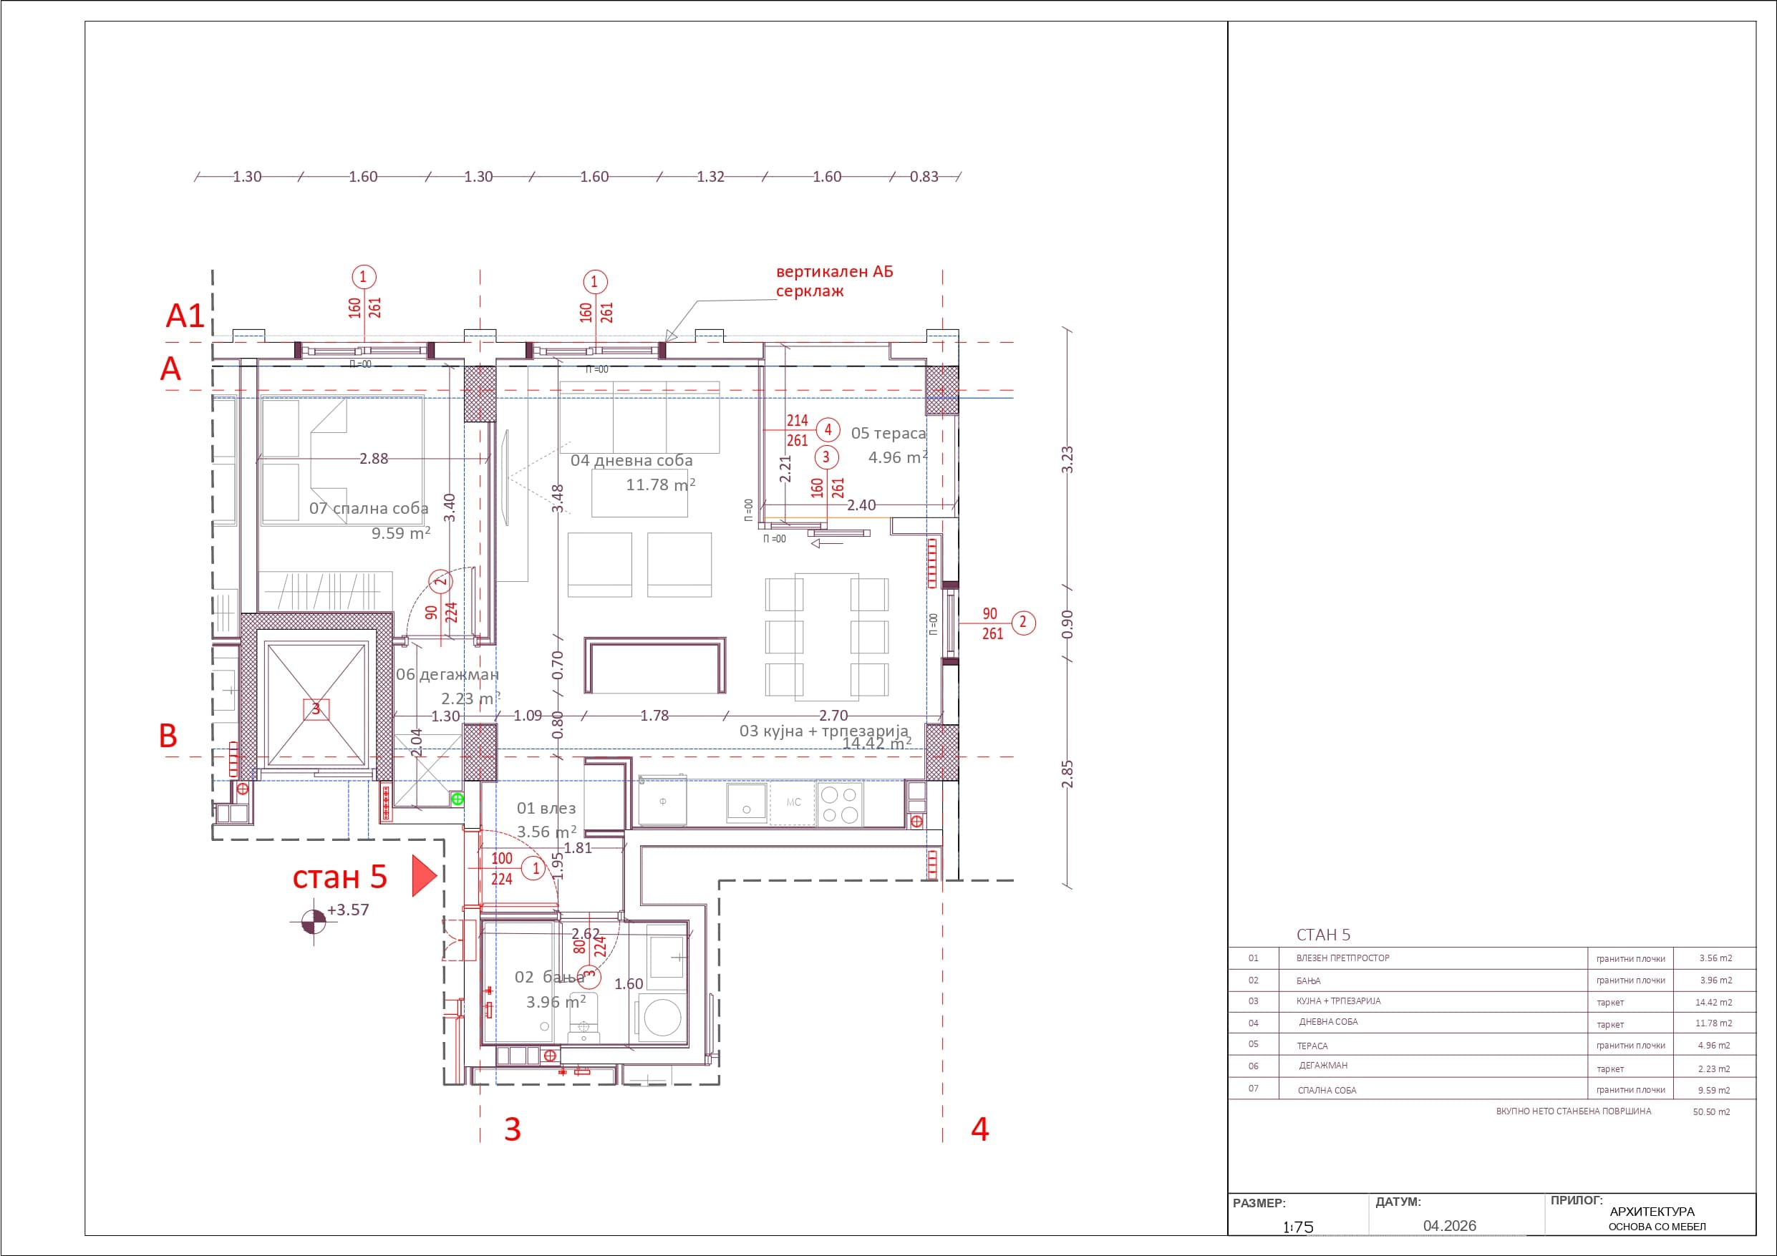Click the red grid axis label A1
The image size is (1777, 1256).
point(185,316)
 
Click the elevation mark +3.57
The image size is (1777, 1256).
point(347,910)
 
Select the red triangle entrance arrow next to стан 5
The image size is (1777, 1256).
point(422,875)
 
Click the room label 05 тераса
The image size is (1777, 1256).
point(888,434)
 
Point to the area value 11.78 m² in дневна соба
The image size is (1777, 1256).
point(659,485)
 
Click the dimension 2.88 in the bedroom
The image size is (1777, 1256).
point(373,459)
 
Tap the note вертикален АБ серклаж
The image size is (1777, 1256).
point(833,282)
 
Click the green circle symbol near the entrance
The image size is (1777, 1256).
point(457,799)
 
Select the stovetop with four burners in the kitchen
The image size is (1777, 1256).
point(840,804)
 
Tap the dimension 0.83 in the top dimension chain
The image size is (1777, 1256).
point(924,177)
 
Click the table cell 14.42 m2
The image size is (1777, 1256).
point(1713,1002)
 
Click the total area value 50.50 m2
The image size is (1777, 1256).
point(1711,1111)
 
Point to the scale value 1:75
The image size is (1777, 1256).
point(1298,1227)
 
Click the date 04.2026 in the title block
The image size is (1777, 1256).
point(1450,1226)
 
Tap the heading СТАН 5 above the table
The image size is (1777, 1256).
point(1324,935)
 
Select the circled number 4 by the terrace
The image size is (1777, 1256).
point(828,429)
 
